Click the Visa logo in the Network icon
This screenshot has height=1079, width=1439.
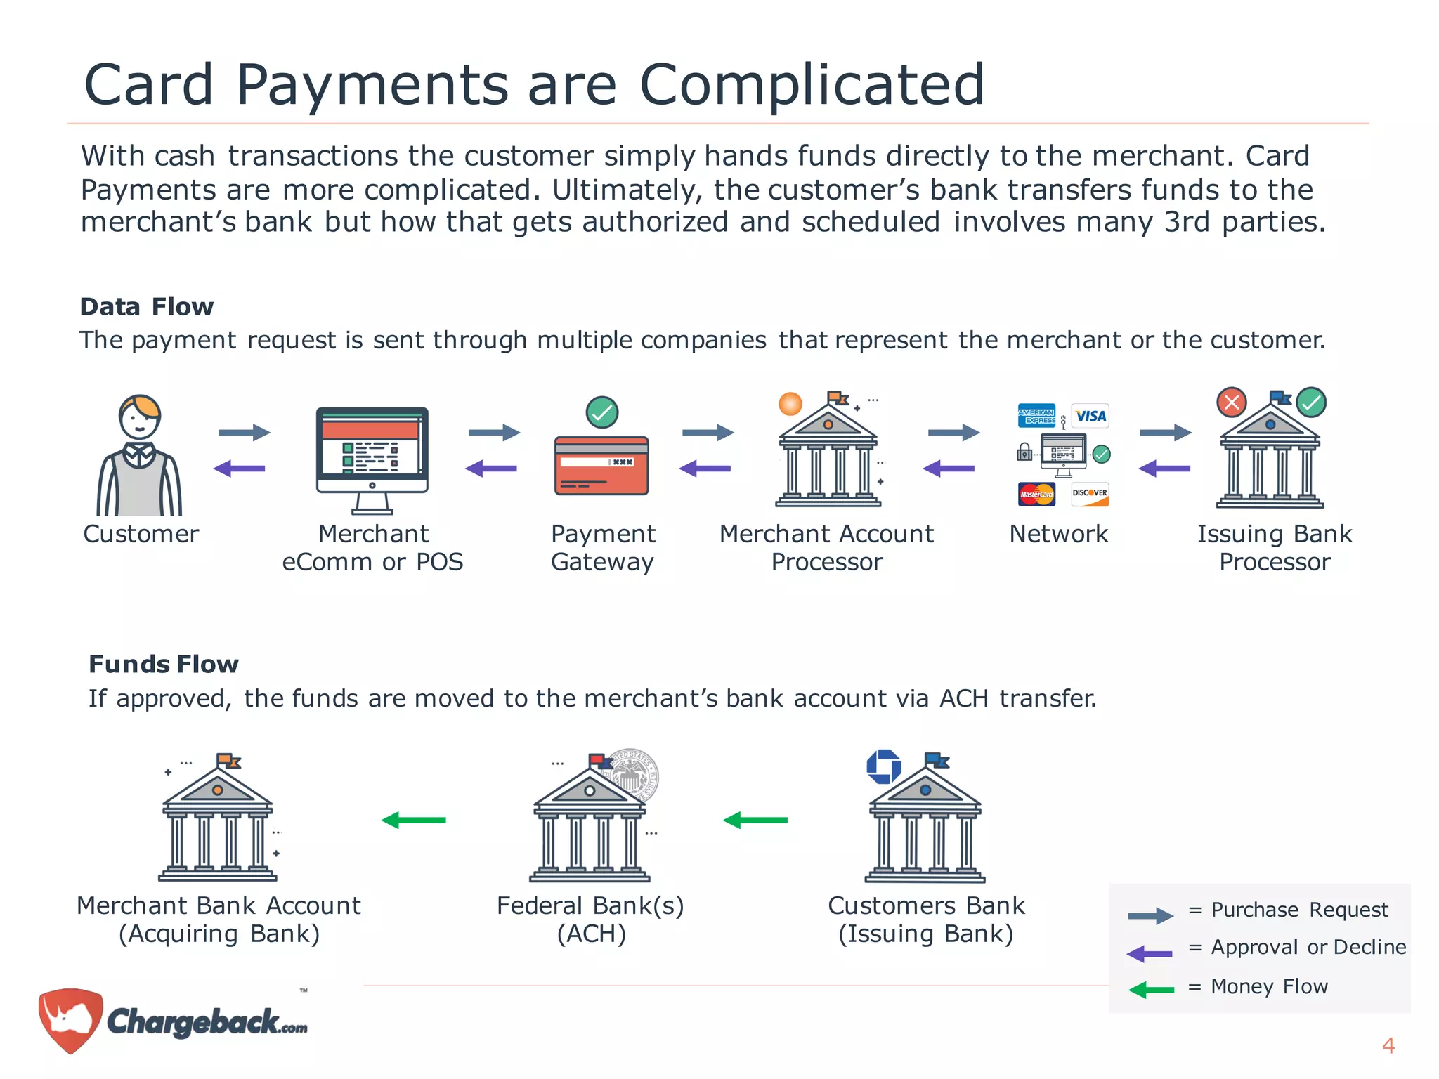pos(1090,416)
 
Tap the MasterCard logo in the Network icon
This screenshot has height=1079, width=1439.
pos(1036,494)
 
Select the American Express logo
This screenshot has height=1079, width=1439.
pos(1036,416)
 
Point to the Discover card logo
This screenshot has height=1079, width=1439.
pos(1090,494)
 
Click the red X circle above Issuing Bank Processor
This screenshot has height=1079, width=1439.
pos(1231,403)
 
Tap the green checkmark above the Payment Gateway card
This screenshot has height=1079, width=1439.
pos(602,412)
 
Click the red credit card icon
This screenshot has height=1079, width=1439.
pos(601,466)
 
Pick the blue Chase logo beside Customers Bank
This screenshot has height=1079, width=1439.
pos(883,766)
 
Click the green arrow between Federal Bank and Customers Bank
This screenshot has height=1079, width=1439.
pos(755,820)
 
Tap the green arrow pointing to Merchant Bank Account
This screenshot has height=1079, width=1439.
pos(413,820)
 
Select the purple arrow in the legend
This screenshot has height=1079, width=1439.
pos(1150,953)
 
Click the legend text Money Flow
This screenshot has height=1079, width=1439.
pos(1269,986)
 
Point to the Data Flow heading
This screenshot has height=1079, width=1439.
pos(146,307)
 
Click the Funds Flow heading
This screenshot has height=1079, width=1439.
pos(164,665)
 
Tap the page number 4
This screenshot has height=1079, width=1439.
pos(1388,1046)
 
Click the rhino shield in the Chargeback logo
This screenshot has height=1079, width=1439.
pos(70,1019)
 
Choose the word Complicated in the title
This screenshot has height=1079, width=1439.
pos(812,84)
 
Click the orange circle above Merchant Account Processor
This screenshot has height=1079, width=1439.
pos(790,404)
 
